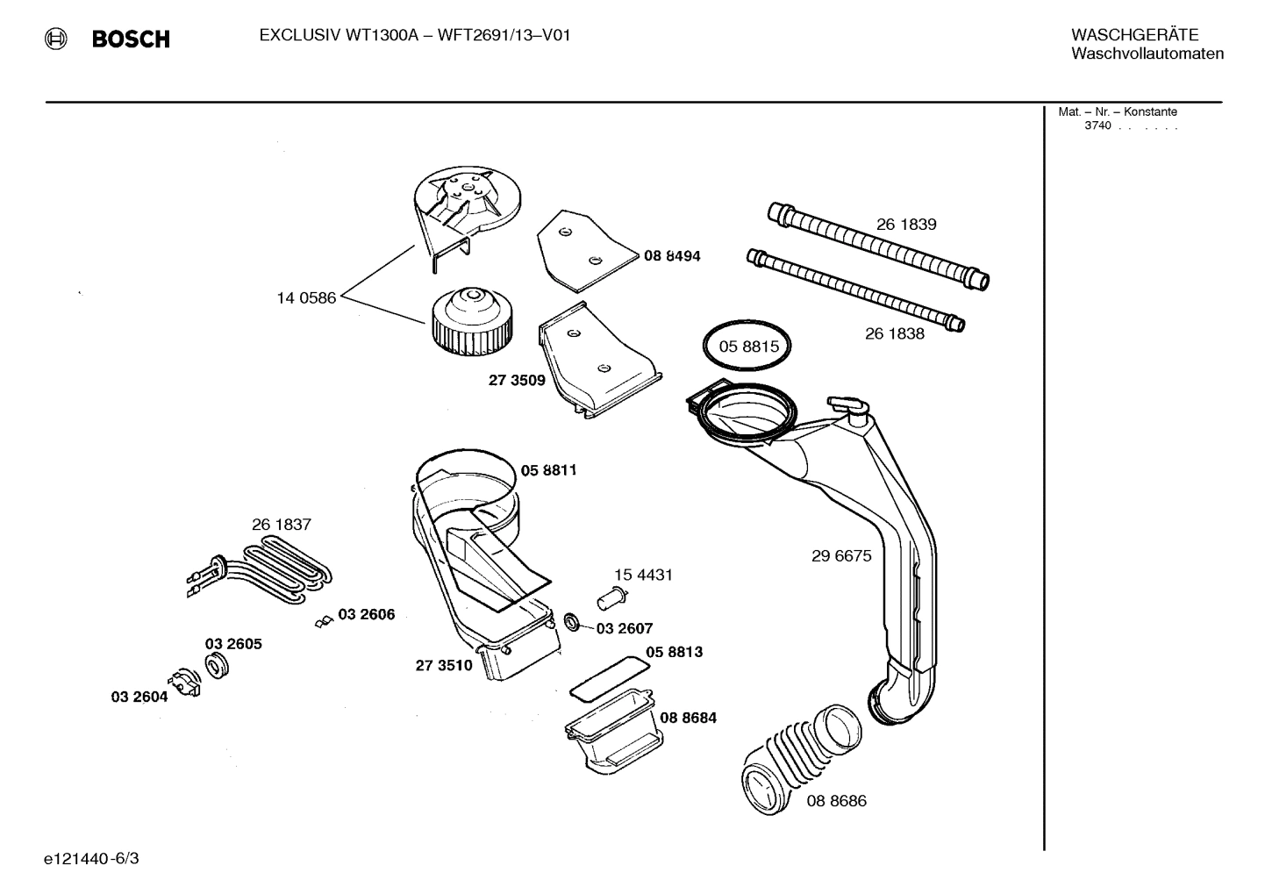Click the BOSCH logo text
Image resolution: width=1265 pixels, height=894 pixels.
pos(130,39)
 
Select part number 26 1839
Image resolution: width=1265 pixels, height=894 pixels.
pos(906,225)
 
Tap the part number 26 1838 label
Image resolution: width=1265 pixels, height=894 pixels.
pos(894,334)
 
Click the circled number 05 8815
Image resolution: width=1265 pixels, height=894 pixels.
pos(748,347)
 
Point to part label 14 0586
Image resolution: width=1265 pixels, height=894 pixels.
pos(306,298)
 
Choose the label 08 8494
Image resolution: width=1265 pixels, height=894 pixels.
pos(672,256)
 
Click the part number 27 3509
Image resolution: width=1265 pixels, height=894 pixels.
pos(517,381)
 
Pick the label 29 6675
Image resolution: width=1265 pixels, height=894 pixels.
pos(841,556)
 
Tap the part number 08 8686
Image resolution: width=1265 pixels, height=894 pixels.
pos(836,801)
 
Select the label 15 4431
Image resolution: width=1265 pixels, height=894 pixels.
pos(643,576)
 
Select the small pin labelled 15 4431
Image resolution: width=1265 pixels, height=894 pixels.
pos(610,599)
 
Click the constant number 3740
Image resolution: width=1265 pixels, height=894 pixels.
pos(1097,125)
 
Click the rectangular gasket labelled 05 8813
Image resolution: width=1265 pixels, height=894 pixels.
pos(610,676)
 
